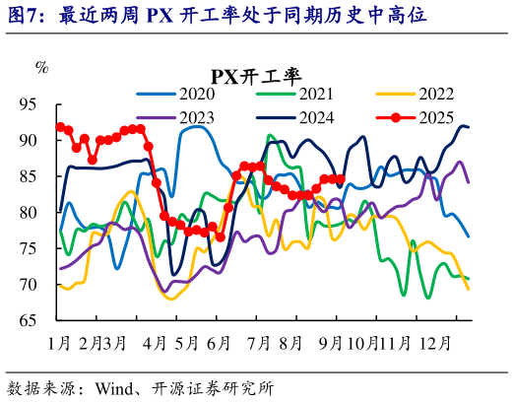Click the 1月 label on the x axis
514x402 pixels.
click(58, 344)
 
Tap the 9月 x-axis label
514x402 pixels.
click(330, 344)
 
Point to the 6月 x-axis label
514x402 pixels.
click(220, 344)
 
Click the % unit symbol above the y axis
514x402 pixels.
click(41, 67)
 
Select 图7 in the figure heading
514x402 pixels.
click(24, 15)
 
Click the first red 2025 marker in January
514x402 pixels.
click(61, 126)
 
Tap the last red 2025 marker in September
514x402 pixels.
click(341, 179)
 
